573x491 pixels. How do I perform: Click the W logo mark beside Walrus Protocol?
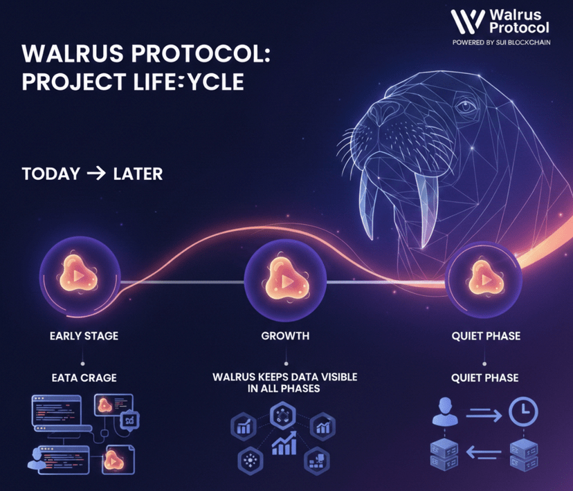467,21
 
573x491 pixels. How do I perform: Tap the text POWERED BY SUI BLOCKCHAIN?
501,42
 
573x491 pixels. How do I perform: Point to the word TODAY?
51,173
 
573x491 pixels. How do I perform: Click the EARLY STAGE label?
84,336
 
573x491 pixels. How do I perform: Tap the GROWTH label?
285,336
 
